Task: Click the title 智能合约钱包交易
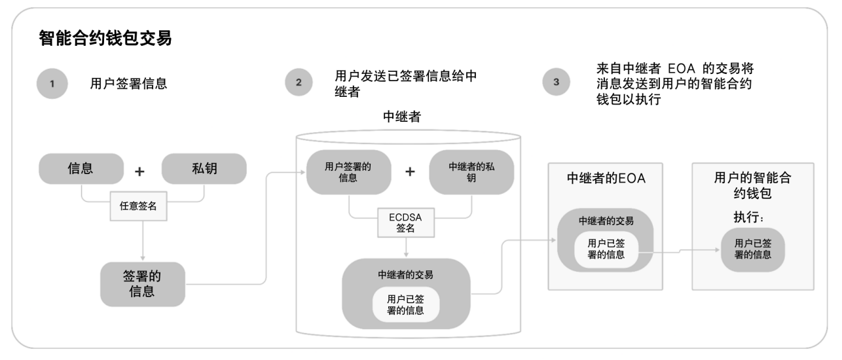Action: click(105, 39)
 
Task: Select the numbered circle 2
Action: click(299, 83)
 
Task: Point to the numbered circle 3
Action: click(557, 83)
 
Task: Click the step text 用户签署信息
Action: click(128, 84)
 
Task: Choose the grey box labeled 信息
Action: click(81, 169)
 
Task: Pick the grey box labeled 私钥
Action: click(204, 169)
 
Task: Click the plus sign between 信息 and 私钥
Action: click(139, 171)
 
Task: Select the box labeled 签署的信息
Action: click(142, 284)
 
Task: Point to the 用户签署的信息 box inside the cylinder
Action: click(348, 172)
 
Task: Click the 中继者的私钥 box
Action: click(471, 172)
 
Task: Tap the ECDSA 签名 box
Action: click(406, 223)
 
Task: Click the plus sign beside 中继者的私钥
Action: click(410, 171)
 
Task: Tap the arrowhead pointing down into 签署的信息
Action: click(143, 259)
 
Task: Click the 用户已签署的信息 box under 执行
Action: click(752, 249)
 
